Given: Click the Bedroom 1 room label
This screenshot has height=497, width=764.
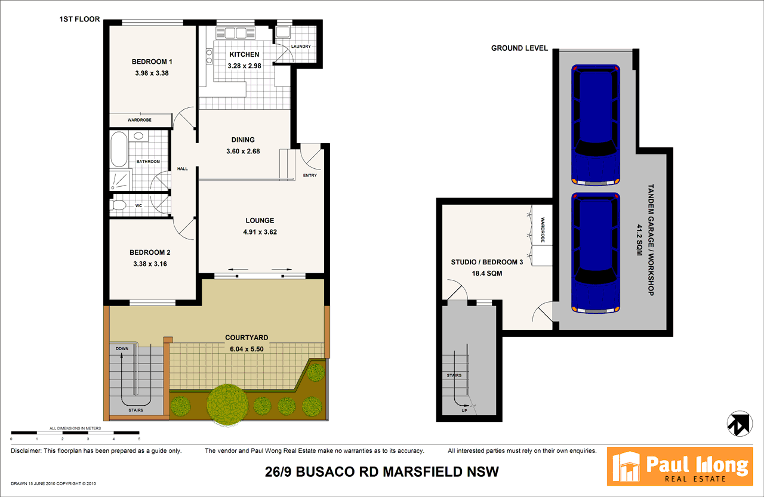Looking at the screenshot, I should tap(152, 61).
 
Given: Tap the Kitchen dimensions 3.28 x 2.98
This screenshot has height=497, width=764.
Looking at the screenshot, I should tap(244, 65).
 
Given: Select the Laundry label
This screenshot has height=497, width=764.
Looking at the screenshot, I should tap(301, 47).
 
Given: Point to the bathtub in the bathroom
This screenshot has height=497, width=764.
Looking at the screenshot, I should tap(118, 149).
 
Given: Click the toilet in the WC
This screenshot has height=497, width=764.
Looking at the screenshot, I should tap(118, 206).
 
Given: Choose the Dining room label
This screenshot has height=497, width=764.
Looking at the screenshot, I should tap(243, 140).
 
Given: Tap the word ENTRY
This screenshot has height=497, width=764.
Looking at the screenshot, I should tap(310, 175).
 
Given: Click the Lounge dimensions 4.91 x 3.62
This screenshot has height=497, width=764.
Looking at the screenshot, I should tap(259, 232).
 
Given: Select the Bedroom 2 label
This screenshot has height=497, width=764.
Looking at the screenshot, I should tap(151, 252).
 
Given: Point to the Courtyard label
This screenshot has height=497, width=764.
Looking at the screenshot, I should tap(247, 338).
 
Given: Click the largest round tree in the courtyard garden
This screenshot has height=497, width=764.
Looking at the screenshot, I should tap(227, 404).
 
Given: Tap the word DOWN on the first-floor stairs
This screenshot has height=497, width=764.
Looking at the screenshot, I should tap(122, 348).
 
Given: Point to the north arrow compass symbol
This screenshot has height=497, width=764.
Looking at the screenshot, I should tap(739, 423).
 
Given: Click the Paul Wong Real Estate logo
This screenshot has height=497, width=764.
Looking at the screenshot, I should tap(679, 466).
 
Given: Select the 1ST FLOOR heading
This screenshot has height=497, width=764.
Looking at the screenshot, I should tap(79, 19).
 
